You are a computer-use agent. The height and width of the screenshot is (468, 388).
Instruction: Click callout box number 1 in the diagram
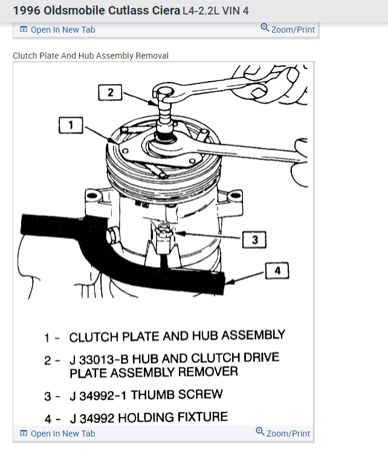[71, 125]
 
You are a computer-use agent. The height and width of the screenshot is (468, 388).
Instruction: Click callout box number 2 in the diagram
[111, 93]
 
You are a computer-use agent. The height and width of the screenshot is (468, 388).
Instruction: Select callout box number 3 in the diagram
[254, 240]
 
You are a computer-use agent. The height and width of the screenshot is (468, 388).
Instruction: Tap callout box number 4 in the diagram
[277, 271]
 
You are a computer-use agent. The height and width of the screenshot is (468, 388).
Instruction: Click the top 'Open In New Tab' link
[62, 30]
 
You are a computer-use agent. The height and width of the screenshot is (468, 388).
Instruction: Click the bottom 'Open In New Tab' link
[62, 434]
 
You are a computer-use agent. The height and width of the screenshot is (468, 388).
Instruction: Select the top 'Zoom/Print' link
[293, 29]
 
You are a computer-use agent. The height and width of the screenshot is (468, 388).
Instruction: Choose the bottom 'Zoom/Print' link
[288, 433]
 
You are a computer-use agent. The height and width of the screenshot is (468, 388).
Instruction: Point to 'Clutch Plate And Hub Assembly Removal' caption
[91, 56]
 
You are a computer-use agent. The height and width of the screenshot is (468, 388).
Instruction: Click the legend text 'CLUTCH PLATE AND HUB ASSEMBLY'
[176, 336]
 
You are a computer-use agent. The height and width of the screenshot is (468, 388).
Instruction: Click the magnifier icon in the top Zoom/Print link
[265, 28]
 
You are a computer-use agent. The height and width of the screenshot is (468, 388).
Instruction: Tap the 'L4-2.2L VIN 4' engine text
[216, 11]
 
